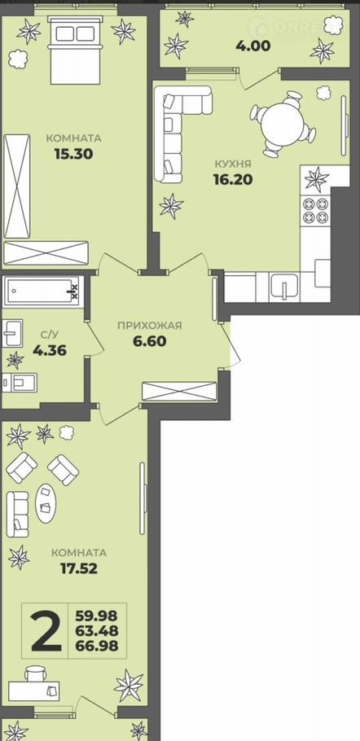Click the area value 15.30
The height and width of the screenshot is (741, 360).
[x=72, y=154]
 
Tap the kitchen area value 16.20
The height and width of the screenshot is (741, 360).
[x=233, y=179]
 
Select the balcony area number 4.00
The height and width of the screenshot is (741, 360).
[x=253, y=46]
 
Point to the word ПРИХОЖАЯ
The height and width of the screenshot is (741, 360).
[x=149, y=325]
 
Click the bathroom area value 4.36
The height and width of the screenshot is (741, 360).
[x=49, y=351]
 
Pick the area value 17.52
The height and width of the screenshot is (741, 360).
[x=78, y=568]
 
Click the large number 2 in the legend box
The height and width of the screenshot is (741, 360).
[x=46, y=631]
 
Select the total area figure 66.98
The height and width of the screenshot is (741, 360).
[x=97, y=646]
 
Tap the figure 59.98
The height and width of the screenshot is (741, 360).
[x=97, y=616]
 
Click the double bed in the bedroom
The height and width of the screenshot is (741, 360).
[x=76, y=50]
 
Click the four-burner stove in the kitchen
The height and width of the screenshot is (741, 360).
[x=315, y=210]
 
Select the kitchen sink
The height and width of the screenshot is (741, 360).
[x=284, y=287]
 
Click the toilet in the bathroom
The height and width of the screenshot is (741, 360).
[x=20, y=383]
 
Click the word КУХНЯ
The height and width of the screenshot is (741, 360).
[x=232, y=164]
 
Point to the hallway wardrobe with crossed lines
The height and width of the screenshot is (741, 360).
[x=179, y=392]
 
